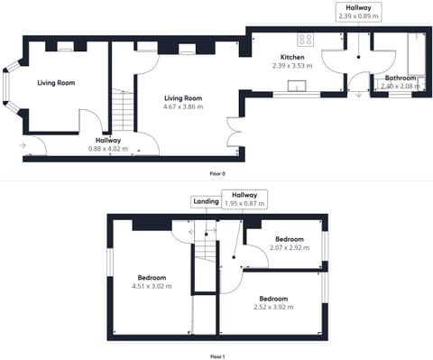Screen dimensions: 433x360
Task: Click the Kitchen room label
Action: pyautogui.click(x=292, y=57)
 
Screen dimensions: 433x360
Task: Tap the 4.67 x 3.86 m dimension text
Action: pyautogui.click(x=183, y=106)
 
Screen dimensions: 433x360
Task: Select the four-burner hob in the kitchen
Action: pyautogui.click(x=306, y=40)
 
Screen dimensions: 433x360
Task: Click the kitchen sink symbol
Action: pyautogui.click(x=297, y=86)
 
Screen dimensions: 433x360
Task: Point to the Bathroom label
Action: pyautogui.click(x=401, y=78)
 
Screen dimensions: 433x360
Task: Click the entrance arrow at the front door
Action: pyautogui.click(x=23, y=145)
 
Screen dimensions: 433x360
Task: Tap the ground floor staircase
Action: pyautogui.click(x=123, y=110)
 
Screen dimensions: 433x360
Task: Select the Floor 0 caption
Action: pyautogui.click(x=217, y=173)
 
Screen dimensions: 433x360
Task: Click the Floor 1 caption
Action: pyautogui.click(x=217, y=356)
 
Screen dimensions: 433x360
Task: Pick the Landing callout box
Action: pyautogui.click(x=206, y=201)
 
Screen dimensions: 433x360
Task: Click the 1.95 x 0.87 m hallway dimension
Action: pyautogui.click(x=244, y=203)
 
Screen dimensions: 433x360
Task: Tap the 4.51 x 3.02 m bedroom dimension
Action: pyautogui.click(x=152, y=286)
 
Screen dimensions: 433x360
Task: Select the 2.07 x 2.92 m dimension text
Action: pyautogui.click(x=290, y=248)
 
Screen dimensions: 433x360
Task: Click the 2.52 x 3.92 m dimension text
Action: pyautogui.click(x=273, y=307)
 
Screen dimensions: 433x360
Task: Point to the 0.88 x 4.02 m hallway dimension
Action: pyautogui.click(x=108, y=149)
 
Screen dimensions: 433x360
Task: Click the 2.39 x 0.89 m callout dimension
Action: pyautogui.click(x=358, y=16)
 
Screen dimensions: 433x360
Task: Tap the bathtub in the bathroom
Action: pyautogui.click(x=417, y=54)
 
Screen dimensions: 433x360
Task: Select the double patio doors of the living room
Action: pyautogui.click(x=235, y=132)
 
